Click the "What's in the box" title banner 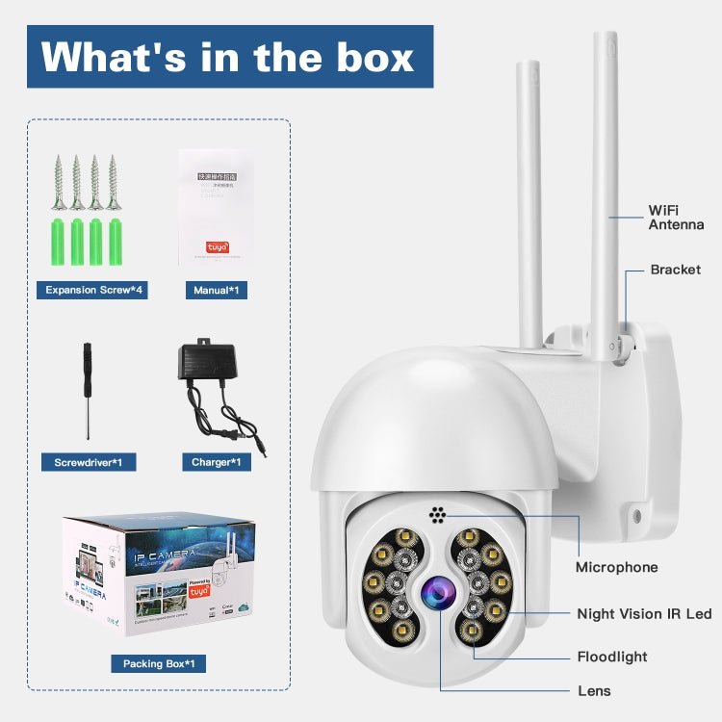point(229,57)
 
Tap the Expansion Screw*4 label point(93,290)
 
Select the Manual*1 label point(216,290)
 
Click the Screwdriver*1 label point(89,463)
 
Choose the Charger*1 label point(216,463)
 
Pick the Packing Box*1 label point(158,663)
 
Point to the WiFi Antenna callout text point(676,217)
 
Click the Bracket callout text point(675,270)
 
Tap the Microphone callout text point(616,567)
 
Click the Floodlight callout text point(612,657)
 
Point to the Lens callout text point(594,690)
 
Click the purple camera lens point(436,592)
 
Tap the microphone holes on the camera point(438,514)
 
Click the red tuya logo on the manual point(218,246)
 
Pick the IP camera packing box point(159,575)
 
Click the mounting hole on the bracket point(636,516)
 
